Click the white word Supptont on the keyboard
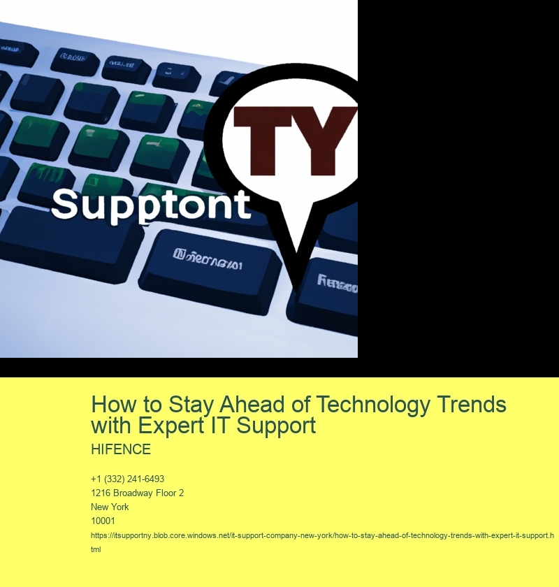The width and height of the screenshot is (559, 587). [x=150, y=205]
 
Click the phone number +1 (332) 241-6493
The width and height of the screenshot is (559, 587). [x=127, y=479]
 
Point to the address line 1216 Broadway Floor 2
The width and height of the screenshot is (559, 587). [x=137, y=493]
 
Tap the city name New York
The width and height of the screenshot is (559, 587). [x=110, y=507]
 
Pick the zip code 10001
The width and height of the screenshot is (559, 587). [x=103, y=521]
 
